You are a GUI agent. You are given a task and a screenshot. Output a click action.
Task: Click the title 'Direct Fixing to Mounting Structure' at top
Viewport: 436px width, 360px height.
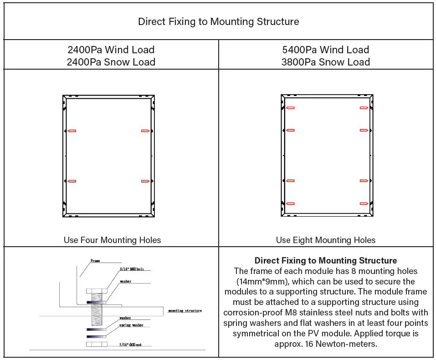(x=218, y=21)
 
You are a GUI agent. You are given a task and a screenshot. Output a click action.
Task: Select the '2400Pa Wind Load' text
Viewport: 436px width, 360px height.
(x=111, y=50)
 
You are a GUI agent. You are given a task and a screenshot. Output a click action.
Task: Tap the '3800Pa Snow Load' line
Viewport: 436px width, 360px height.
(x=325, y=62)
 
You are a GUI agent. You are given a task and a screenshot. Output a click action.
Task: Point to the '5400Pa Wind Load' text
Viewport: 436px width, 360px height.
(x=325, y=50)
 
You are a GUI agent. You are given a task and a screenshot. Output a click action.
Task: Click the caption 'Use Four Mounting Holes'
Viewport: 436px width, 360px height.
(x=112, y=240)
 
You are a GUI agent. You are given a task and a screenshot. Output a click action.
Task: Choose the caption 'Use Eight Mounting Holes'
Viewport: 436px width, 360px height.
(x=325, y=240)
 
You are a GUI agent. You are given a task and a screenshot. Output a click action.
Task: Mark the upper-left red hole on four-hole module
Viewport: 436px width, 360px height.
(x=72, y=131)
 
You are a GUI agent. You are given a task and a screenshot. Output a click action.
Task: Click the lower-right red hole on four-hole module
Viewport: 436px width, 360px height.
(x=145, y=181)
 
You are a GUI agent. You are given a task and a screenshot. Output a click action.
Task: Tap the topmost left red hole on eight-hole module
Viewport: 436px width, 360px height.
(x=290, y=108)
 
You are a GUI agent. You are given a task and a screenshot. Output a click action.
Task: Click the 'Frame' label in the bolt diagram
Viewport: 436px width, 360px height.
(x=95, y=261)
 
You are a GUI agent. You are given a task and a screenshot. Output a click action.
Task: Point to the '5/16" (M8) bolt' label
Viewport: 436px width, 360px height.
(x=131, y=269)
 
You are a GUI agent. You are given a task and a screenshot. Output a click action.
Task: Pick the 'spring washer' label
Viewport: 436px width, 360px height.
(x=131, y=325)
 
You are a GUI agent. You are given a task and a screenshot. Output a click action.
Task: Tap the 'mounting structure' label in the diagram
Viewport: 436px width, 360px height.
(x=185, y=310)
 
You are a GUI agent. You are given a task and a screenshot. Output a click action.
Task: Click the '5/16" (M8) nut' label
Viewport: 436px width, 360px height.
(x=131, y=345)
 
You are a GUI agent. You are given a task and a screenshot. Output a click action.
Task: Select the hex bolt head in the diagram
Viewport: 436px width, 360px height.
(x=96, y=291)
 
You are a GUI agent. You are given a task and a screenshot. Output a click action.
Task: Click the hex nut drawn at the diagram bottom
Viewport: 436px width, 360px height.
(x=96, y=344)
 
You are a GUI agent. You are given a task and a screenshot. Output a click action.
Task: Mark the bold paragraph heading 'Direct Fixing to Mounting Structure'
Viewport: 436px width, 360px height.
(x=325, y=261)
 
